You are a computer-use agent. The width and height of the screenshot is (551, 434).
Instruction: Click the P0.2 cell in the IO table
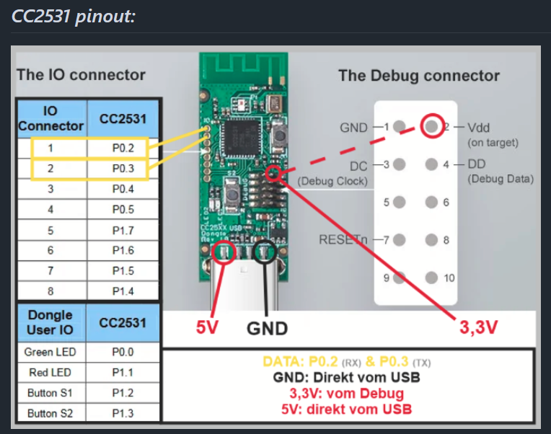[118, 148]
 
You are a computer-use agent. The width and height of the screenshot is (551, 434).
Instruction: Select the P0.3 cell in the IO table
[118, 169]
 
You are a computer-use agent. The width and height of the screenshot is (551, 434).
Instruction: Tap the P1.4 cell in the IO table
[123, 291]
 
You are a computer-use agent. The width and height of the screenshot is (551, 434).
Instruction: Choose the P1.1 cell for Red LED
[123, 373]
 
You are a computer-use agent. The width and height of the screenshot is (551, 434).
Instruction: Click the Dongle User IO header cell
[50, 322]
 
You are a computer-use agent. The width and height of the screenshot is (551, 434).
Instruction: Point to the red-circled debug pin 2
[431, 126]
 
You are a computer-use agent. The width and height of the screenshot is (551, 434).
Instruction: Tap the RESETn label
[343, 239]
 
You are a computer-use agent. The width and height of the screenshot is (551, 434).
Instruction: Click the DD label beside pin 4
[476, 164]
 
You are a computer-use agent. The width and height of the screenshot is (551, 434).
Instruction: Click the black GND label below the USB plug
[268, 328]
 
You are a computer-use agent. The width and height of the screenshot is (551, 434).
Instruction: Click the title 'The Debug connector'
[418, 76]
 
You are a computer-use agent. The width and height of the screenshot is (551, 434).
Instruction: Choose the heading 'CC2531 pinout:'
[74, 16]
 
